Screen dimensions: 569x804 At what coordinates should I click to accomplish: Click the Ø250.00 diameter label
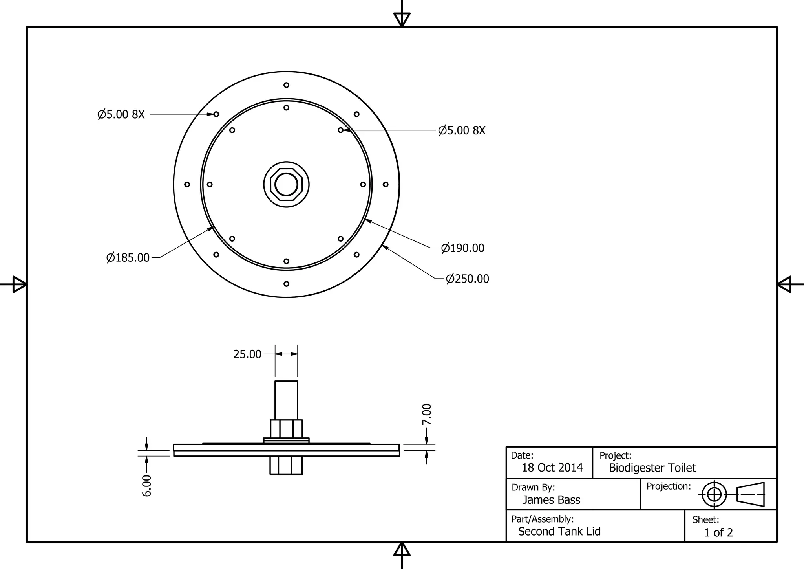(x=468, y=279)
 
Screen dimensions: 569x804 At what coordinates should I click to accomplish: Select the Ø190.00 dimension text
(x=463, y=248)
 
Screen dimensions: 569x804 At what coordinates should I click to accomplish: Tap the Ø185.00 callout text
(x=128, y=258)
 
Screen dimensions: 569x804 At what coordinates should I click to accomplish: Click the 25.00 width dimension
(x=247, y=354)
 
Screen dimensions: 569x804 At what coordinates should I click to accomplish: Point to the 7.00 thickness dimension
(x=427, y=414)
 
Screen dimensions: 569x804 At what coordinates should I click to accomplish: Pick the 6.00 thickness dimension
(x=146, y=486)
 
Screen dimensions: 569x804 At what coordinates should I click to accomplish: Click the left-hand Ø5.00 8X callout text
(x=121, y=115)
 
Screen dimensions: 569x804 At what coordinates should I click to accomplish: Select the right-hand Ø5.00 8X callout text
(x=462, y=130)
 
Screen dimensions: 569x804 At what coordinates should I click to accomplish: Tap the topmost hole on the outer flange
(x=286, y=85)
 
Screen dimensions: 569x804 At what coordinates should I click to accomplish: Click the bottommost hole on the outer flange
(x=286, y=284)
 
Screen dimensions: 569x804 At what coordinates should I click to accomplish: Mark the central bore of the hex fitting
(x=286, y=184)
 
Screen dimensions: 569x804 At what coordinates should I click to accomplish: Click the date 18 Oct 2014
(x=552, y=468)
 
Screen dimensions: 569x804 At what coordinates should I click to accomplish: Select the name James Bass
(x=551, y=500)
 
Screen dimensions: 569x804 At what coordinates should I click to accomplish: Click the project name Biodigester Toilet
(x=652, y=468)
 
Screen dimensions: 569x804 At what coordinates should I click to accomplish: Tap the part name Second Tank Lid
(x=559, y=532)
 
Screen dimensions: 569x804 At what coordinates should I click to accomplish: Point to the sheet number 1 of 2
(x=718, y=532)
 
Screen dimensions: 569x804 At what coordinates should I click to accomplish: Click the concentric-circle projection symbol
(x=714, y=494)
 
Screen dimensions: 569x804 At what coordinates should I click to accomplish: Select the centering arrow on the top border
(x=402, y=19)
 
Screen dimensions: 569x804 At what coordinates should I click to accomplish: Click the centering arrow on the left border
(x=19, y=284)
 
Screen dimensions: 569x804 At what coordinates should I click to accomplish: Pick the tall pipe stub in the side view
(x=286, y=400)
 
